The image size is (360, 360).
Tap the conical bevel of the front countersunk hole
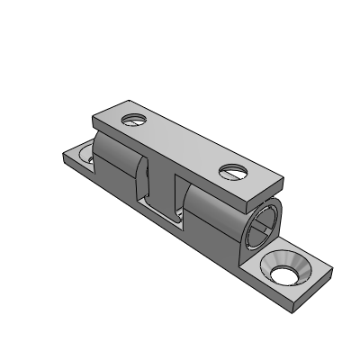(293, 263)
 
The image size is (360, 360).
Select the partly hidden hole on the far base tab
(87, 155)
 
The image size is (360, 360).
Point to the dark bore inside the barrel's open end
(263, 225)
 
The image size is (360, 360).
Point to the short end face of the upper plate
(275, 191)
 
